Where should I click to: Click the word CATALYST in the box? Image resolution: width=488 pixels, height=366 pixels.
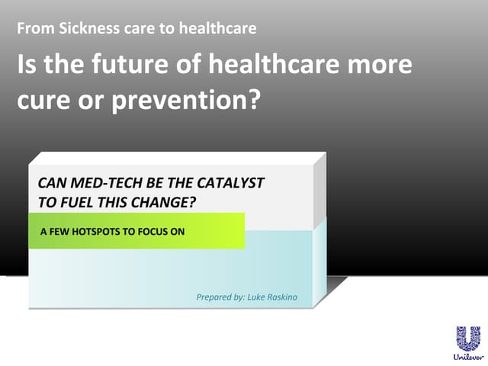point(230,184)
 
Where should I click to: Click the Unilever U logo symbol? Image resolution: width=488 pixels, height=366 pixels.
point(468,338)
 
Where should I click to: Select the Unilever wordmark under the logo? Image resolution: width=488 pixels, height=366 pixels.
point(468,356)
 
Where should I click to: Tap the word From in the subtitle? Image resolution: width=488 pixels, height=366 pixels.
point(31,30)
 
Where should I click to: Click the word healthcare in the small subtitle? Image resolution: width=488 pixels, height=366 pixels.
point(217,30)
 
